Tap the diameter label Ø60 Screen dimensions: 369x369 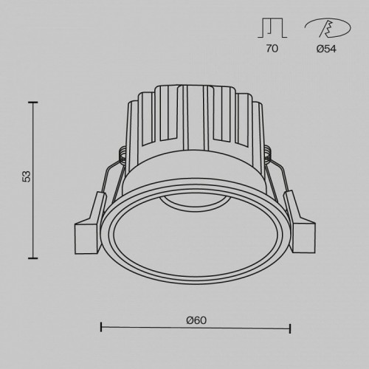[x=196, y=320]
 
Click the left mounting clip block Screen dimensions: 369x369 [x=85, y=234]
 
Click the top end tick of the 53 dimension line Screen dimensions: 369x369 [x=32, y=103]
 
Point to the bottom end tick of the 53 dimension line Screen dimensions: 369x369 [x=32, y=258]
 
